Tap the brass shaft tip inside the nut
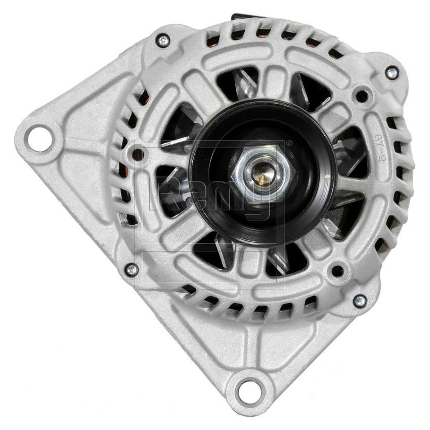click(x=264, y=174)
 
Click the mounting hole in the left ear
click(x=39, y=138)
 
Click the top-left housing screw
click(x=162, y=40)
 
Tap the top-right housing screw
click(x=392, y=73)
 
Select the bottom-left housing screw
click(x=132, y=270)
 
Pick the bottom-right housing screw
click(x=360, y=302)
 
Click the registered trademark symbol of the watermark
click(x=289, y=144)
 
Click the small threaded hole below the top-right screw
click(x=362, y=95)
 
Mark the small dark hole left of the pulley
click(x=137, y=153)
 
